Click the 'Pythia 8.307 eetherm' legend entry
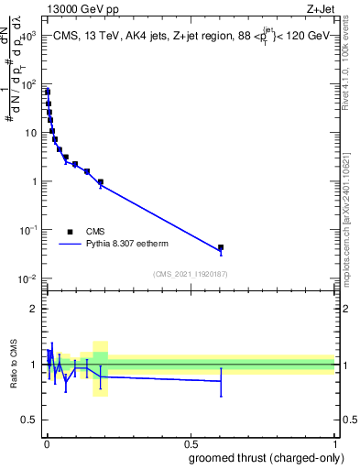[128, 245]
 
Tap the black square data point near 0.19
[101, 181]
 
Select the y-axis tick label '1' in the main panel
[35, 181]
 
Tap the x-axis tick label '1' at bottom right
[335, 443]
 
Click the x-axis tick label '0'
[46, 443]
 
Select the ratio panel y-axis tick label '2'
[34, 309]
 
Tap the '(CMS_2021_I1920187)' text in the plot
[191, 274]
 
